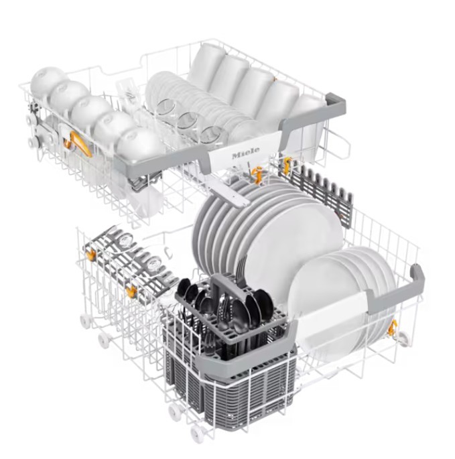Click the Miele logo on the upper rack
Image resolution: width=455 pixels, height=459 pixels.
pos(246,153)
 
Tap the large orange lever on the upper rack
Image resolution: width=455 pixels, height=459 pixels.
pos(80,143)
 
